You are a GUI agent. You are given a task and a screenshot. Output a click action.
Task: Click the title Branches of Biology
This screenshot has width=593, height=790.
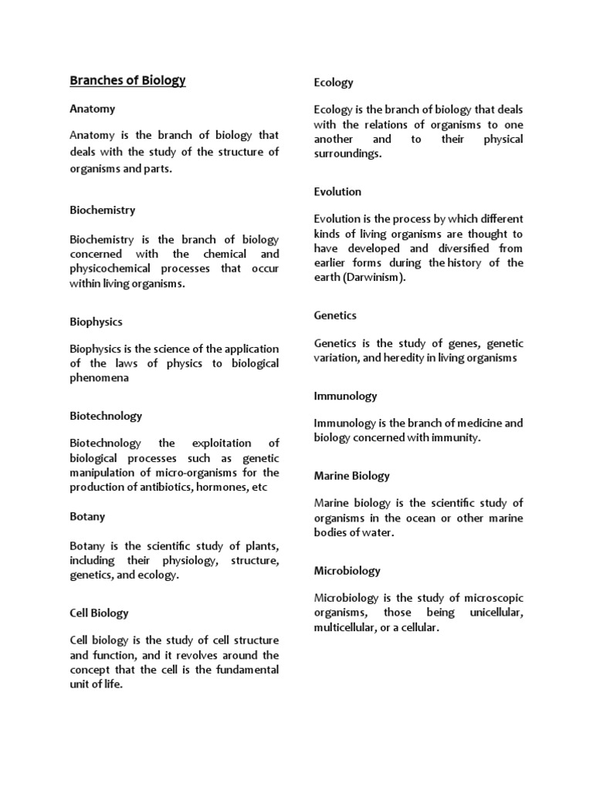127,80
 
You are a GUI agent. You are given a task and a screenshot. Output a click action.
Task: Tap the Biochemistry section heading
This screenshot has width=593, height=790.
102,210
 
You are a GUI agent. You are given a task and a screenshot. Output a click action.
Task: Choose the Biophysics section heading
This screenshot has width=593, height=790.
96,322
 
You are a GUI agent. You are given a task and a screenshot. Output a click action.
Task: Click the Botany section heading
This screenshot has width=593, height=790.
87,516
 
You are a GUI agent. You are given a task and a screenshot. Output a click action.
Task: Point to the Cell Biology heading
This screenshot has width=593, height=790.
99,613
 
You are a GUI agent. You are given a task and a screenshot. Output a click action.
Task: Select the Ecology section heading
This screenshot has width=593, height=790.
334,82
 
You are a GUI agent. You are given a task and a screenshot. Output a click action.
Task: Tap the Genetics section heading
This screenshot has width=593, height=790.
335,316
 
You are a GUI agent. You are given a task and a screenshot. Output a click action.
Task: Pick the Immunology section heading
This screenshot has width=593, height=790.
345,396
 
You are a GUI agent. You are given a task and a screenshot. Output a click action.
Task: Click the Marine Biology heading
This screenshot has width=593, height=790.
351,475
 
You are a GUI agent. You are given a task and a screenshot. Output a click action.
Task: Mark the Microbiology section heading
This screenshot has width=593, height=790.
347,571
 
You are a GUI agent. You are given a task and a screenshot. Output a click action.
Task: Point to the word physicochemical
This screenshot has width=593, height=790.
110,268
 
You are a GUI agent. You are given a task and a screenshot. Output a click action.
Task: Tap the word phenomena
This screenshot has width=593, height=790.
99,378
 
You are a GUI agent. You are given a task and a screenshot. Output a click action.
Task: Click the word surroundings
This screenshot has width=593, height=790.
347,154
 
